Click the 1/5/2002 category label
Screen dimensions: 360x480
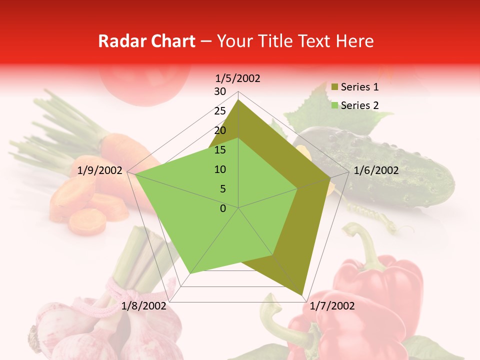(237, 78)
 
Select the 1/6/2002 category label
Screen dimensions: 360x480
(376, 170)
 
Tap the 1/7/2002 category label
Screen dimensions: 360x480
(332, 306)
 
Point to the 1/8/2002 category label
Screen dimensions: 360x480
(143, 306)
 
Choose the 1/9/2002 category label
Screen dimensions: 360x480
(100, 170)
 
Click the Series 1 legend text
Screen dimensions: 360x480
(359, 87)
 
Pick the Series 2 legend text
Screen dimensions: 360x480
(359, 105)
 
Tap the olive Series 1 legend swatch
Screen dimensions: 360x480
(335, 87)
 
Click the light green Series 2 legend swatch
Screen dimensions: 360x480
(335, 105)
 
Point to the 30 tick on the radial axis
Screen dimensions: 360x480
(220, 91)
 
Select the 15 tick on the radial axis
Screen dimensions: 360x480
(220, 150)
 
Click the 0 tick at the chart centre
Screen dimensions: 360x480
(223, 208)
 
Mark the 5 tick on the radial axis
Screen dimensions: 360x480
(222, 189)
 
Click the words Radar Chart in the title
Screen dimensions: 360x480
(146, 41)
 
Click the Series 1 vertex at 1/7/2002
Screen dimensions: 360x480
(302, 295)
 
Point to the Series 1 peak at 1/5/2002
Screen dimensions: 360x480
(238, 100)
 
